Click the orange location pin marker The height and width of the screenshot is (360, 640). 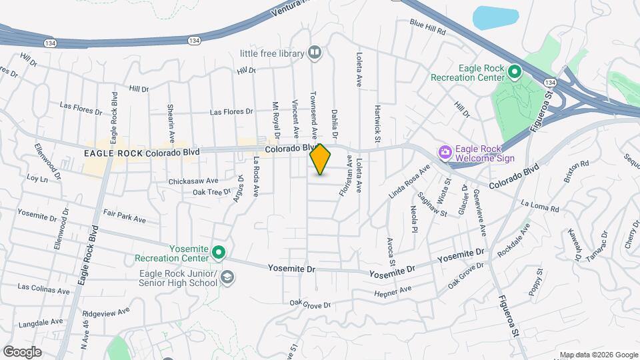(321, 159)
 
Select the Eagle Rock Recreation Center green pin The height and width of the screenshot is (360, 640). (515, 71)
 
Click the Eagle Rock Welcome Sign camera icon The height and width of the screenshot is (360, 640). (445, 153)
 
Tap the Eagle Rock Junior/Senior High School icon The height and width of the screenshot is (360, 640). (228, 278)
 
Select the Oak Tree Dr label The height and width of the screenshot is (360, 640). (211, 192)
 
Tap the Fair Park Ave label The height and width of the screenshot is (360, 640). (125, 218)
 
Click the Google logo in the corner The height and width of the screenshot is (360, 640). (22, 351)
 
